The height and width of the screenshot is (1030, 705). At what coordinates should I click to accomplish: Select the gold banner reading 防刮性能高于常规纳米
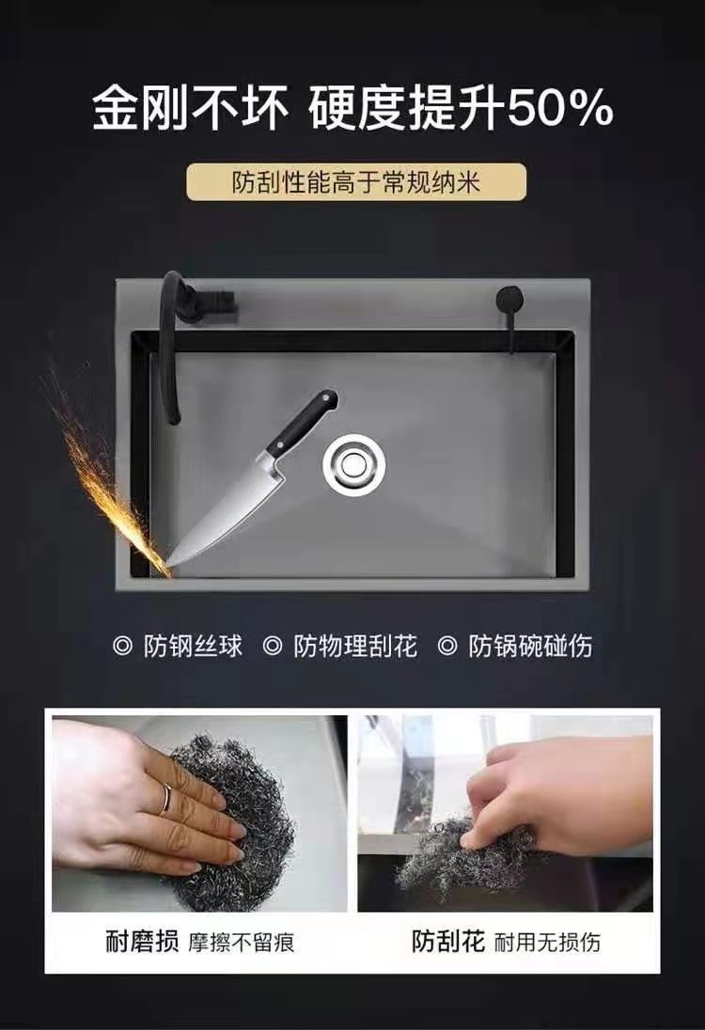(356, 182)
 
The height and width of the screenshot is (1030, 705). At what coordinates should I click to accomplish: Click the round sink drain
(354, 464)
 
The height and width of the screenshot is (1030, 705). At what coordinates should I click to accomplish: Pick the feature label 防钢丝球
(193, 647)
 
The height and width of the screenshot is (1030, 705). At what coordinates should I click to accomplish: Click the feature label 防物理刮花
(354, 647)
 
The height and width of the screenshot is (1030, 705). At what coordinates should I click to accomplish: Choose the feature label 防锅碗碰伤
(530, 647)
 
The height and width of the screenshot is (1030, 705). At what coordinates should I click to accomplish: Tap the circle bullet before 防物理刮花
(272, 647)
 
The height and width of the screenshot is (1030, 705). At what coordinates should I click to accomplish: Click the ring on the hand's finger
(167, 798)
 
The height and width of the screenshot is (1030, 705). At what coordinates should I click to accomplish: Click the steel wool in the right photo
(460, 854)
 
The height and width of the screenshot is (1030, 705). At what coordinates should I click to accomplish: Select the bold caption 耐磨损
(142, 942)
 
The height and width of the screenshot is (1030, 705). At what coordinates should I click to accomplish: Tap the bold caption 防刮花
(448, 942)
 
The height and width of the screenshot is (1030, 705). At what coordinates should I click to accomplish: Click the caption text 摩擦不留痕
(242, 944)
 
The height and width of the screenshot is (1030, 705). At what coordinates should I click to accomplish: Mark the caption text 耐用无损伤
(547, 944)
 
